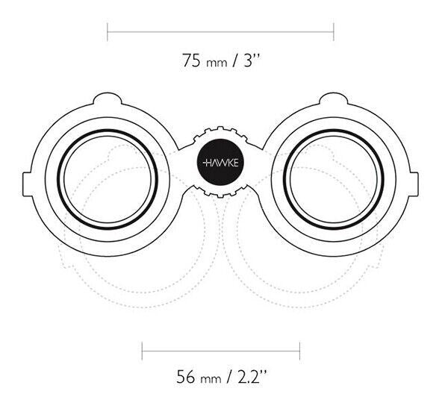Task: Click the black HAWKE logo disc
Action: pos(220,162)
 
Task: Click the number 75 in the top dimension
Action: pos(191,60)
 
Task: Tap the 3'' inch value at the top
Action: pos(252,60)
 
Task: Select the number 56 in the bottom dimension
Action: pos(186,377)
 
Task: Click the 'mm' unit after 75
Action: pos(217,63)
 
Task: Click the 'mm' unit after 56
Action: pos(211,379)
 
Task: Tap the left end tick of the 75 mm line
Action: pos(108,32)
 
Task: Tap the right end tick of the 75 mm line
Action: pos(334,32)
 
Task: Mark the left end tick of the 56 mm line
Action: pos(143,351)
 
